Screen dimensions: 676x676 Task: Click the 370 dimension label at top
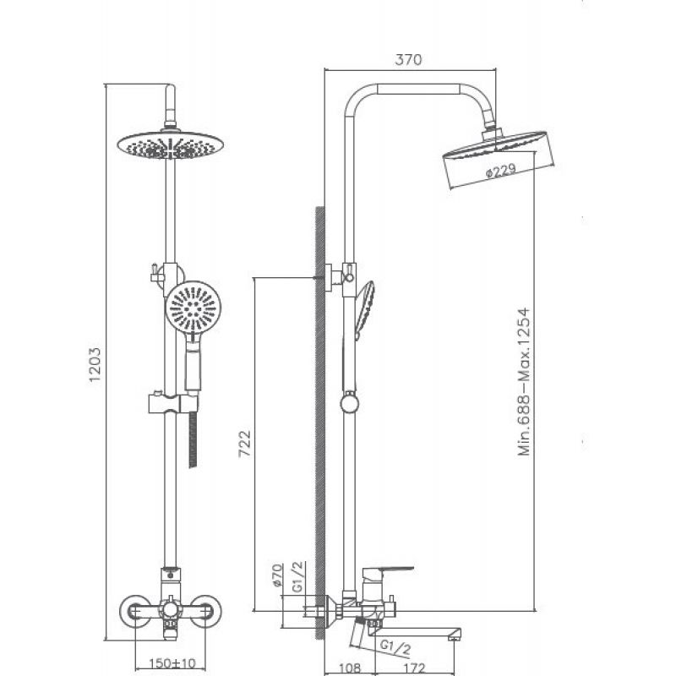click(x=408, y=59)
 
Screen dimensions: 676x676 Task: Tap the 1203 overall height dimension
click(x=95, y=365)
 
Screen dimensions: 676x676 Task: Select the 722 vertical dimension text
click(x=244, y=444)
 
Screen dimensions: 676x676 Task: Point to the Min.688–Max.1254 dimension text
click(x=523, y=382)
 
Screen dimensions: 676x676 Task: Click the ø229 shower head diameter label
click(x=500, y=172)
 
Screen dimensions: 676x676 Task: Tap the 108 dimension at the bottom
click(x=349, y=668)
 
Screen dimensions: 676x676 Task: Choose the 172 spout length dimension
click(x=415, y=668)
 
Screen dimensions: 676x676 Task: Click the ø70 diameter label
click(x=277, y=575)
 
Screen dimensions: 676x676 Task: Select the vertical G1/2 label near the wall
click(x=298, y=576)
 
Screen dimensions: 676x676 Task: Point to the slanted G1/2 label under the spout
click(x=395, y=647)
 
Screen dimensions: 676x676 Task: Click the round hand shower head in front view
click(x=194, y=308)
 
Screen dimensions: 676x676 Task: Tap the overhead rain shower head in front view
click(x=171, y=145)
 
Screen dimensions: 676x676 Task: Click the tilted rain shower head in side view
click(x=499, y=159)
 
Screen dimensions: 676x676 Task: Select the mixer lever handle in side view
click(x=387, y=572)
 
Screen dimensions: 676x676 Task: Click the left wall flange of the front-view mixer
click(x=135, y=611)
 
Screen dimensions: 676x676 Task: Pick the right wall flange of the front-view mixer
click(x=205, y=611)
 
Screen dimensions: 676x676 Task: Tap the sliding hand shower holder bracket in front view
click(x=174, y=403)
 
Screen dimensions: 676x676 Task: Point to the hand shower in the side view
click(x=364, y=309)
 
